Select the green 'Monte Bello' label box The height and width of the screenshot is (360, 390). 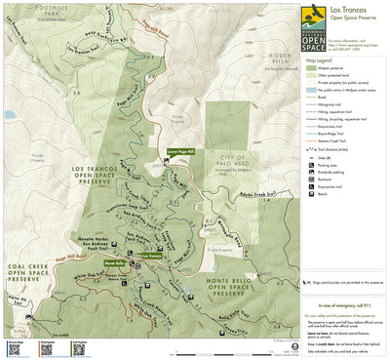pyautogui.click(x=115, y=263)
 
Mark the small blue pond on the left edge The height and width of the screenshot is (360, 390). pyautogui.click(x=9, y=114)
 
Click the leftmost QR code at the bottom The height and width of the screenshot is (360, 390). pyautogui.click(x=15, y=347)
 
